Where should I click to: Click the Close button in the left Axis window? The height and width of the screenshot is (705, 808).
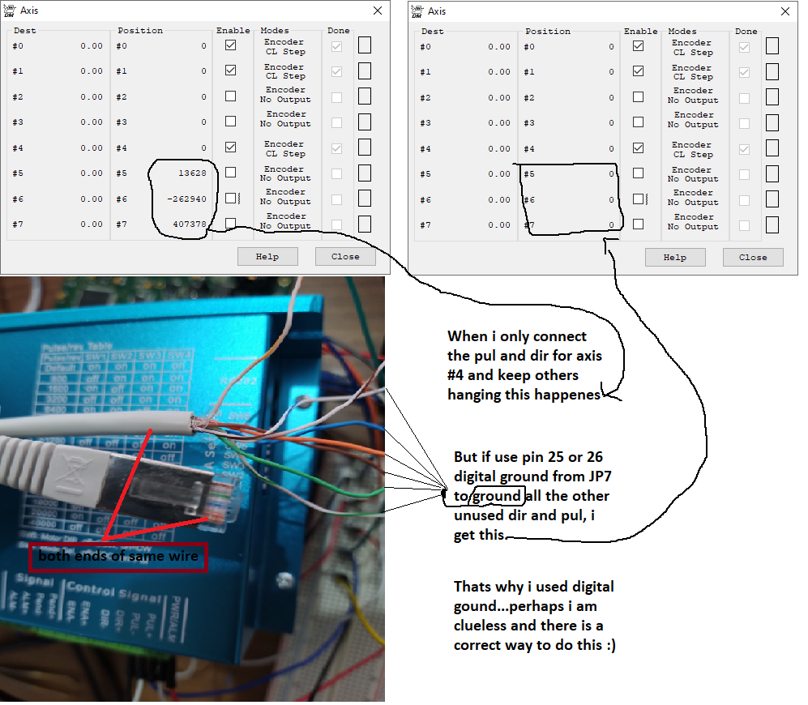pyautogui.click(x=345, y=256)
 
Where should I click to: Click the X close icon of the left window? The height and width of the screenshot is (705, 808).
pyautogui.click(x=378, y=11)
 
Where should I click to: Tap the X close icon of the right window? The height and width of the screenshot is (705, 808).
pyautogui.click(x=784, y=11)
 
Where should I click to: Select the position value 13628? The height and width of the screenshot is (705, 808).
pyautogui.click(x=191, y=173)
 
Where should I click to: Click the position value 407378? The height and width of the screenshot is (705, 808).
pyautogui.click(x=189, y=224)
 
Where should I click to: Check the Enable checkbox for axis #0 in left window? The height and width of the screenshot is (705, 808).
pyautogui.click(x=231, y=46)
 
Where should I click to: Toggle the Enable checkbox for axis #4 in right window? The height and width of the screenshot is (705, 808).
pyautogui.click(x=639, y=148)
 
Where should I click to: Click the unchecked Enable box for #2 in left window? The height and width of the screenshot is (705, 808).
pyautogui.click(x=231, y=96)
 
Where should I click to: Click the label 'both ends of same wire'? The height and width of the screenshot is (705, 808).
pyautogui.click(x=118, y=557)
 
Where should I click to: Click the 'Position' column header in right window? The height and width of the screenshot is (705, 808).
pyautogui.click(x=548, y=31)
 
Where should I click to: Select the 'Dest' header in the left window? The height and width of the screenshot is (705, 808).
pyautogui.click(x=25, y=31)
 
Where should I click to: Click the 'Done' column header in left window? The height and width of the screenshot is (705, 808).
pyautogui.click(x=339, y=31)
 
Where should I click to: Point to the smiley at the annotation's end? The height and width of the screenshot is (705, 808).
pyautogui.click(x=610, y=645)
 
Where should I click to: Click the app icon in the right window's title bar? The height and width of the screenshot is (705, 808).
pyautogui.click(x=417, y=11)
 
